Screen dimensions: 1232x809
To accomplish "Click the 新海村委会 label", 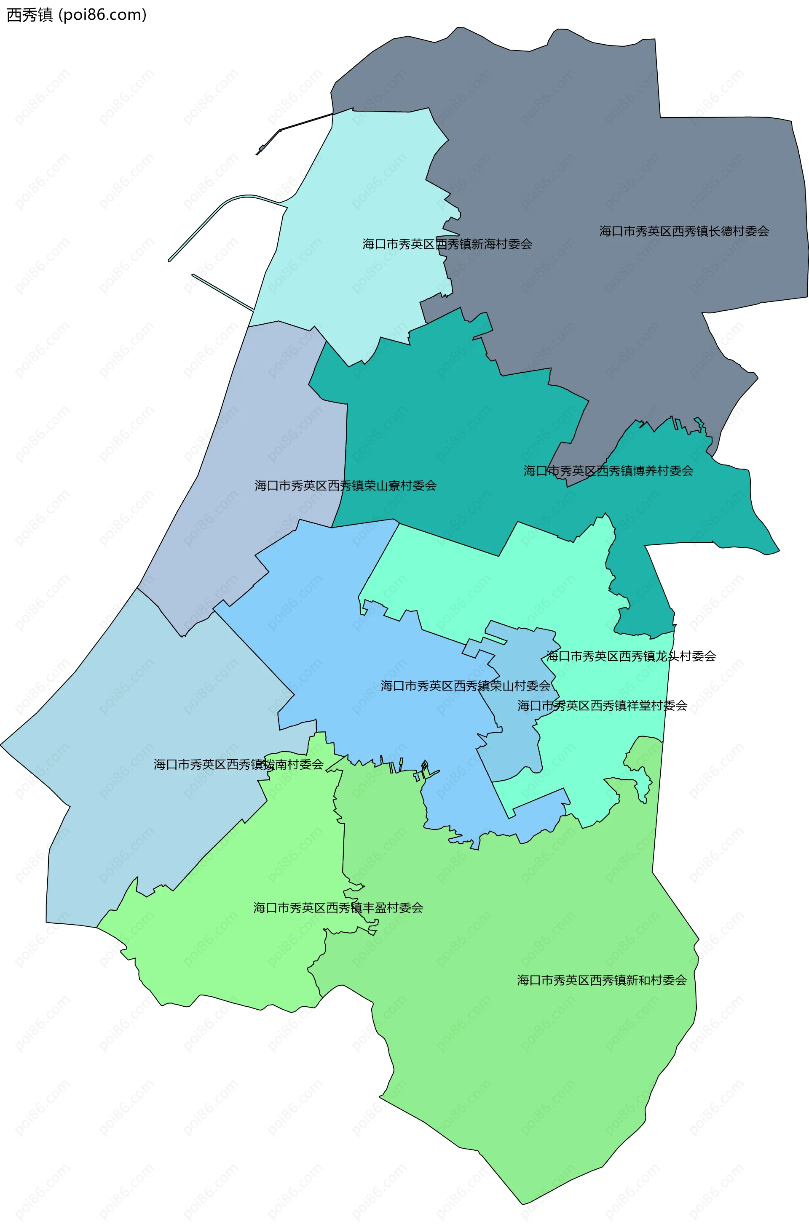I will (x=447, y=244).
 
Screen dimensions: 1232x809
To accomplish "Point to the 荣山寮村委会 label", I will (x=346, y=485).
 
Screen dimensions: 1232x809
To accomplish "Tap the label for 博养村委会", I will (x=608, y=471).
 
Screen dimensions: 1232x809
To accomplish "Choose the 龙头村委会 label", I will (x=631, y=656).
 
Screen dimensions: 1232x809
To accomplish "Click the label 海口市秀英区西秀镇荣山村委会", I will (x=465, y=686).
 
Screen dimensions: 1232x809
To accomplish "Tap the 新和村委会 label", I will (x=602, y=980).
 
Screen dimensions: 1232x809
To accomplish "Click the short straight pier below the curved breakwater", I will (x=223, y=293).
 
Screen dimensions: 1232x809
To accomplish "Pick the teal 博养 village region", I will (x=440, y=440).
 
